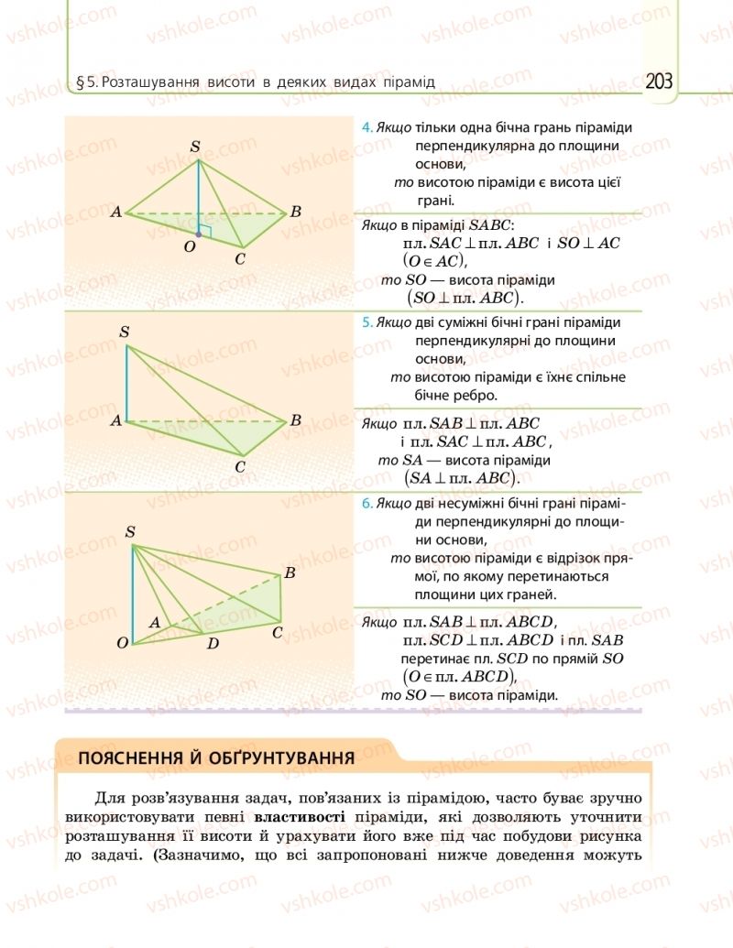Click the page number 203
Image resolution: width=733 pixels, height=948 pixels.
pos(658,82)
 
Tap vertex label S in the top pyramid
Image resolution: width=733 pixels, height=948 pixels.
pos(194,147)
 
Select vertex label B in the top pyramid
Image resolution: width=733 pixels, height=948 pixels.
pos(295,212)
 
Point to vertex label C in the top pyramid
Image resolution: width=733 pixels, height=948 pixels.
pos(240,258)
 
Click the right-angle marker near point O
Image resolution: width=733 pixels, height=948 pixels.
pos(206,230)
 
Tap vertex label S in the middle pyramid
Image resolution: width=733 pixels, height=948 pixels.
pos(124,331)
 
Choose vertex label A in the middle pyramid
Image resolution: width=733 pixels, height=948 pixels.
pos(116,421)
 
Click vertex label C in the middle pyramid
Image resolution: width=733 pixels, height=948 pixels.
pos(240,467)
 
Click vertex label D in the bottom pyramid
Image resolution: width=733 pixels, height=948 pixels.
pos(213,644)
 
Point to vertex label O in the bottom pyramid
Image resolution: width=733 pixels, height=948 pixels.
pos(122,644)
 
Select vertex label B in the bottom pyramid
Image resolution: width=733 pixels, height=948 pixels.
pos(289,574)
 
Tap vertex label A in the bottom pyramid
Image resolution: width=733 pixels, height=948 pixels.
pos(155,623)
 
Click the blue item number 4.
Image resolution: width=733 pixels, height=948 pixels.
pos(366,128)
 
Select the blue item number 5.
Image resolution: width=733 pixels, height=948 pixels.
pos(366,323)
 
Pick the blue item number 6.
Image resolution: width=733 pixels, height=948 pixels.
pos(366,503)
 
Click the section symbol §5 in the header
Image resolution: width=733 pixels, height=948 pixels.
pos(88,82)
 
